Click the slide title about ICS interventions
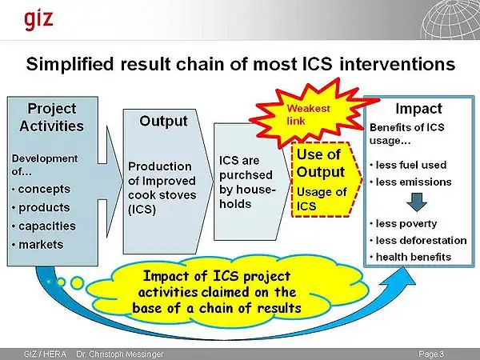(x=241, y=62)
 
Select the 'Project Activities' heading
(x=53, y=117)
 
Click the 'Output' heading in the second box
(x=163, y=122)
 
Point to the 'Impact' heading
(x=418, y=108)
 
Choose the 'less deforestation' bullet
(x=422, y=239)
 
